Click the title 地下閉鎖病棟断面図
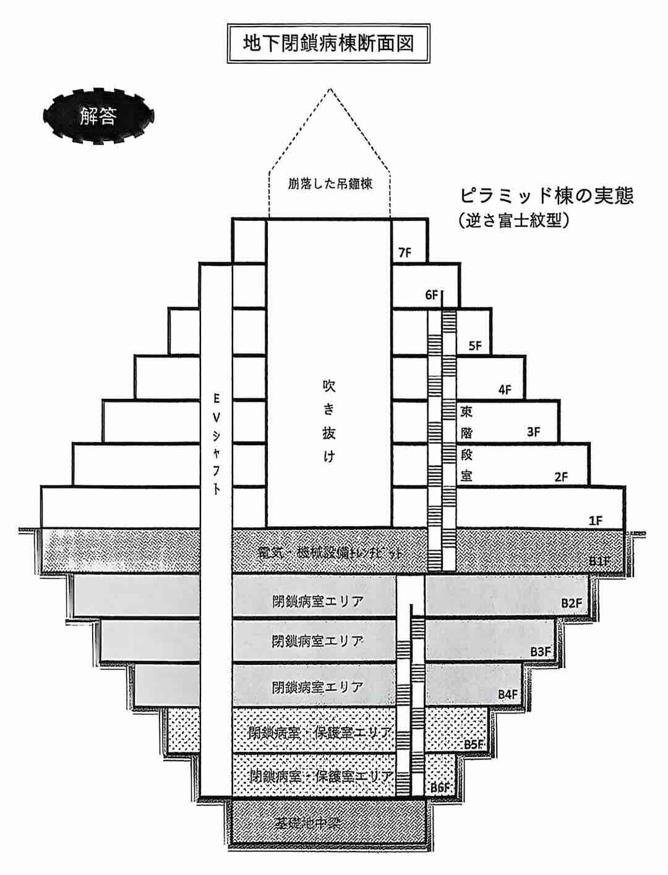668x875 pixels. pyautogui.click(x=328, y=44)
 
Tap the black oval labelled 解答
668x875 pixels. pyautogui.click(x=98, y=116)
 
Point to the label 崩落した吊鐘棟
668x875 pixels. pyautogui.click(x=330, y=184)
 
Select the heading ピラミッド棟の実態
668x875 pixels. pyautogui.click(x=547, y=196)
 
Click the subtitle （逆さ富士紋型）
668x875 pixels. pyautogui.click(x=513, y=220)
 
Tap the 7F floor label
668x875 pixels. pyautogui.click(x=405, y=252)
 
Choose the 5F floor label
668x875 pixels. pyautogui.click(x=475, y=346)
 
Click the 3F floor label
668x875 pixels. pyautogui.click(x=533, y=432)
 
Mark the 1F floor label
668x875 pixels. pyautogui.click(x=596, y=521)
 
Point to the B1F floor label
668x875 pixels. pyautogui.click(x=600, y=561)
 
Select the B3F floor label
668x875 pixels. pyautogui.click(x=541, y=651)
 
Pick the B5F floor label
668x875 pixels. pyautogui.click(x=474, y=744)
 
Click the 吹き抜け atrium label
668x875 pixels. pyautogui.click(x=328, y=421)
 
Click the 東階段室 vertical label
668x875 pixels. pyautogui.click(x=467, y=443)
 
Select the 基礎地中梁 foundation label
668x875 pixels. pyautogui.click(x=309, y=822)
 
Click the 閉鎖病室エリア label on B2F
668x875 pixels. pyautogui.click(x=317, y=601)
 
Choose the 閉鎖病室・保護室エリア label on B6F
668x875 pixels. pyautogui.click(x=320, y=776)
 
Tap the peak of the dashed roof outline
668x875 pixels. pyautogui.click(x=330, y=89)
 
